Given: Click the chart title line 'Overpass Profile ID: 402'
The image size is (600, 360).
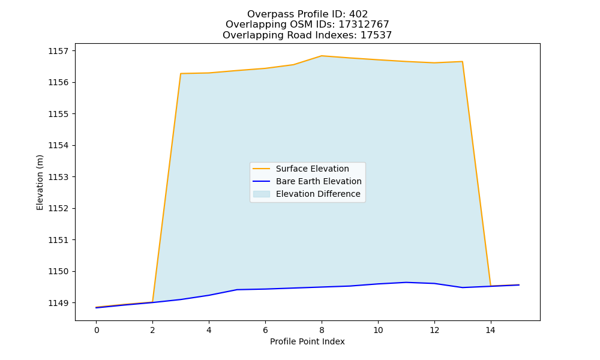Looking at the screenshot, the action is coord(307,14).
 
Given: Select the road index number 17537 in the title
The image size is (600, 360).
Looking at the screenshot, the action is coord(376,35).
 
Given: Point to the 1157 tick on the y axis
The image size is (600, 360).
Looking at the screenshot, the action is coord(58,51).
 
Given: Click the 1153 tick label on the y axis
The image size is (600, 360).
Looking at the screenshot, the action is coord(58,177).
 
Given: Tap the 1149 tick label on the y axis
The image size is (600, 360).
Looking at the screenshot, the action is coord(58,303).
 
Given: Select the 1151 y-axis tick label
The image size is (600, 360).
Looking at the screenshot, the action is coord(58,240).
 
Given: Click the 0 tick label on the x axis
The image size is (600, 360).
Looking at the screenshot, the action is coord(97,330).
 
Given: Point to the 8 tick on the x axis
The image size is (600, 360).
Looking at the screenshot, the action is coord(322,330).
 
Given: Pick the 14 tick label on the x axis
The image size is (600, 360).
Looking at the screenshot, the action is coord(491,330).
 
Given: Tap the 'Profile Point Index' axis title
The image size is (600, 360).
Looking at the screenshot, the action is coord(307,341).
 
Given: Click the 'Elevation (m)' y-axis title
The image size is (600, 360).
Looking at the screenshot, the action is coord(40,182).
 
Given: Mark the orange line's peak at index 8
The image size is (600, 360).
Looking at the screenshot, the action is coord(322,56).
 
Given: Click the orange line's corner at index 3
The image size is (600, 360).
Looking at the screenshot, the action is coord(181,73).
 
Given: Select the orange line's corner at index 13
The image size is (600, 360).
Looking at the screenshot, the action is coord(462,62).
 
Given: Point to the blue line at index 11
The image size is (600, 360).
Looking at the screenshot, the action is coord(406,283).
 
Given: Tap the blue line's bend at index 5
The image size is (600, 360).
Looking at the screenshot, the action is coord(237,290).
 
